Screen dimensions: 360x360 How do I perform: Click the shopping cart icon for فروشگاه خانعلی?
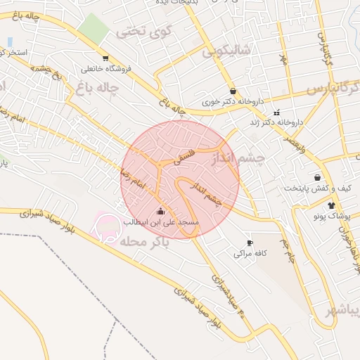(x=105, y=58)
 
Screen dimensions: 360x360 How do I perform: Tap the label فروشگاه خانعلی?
(x=106, y=69)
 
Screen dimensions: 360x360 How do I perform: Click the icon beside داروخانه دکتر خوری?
(x=233, y=91)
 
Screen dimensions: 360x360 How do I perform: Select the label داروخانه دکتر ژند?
(x=281, y=122)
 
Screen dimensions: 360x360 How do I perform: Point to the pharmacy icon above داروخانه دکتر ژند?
(x=277, y=112)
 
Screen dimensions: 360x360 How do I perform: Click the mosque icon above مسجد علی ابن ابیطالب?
(x=161, y=211)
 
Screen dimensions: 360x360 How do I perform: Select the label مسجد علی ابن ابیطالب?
(x=162, y=222)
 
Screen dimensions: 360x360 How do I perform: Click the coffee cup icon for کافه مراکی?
(x=250, y=243)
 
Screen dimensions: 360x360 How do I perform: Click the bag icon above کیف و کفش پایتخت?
(x=318, y=178)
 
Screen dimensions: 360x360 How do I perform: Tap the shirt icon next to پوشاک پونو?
(x=332, y=205)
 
